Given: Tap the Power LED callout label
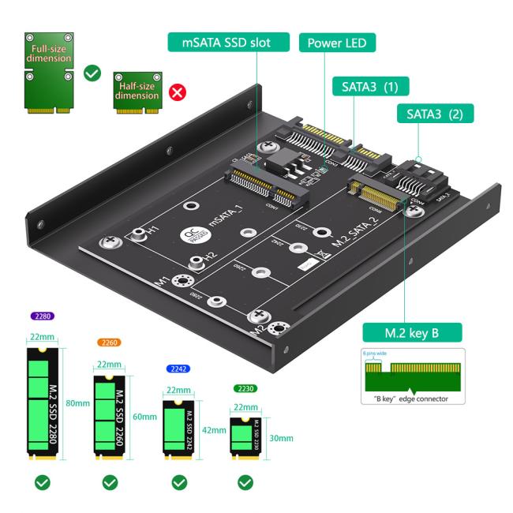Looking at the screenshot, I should [x=337, y=42].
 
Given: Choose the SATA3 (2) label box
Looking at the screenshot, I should [x=435, y=114].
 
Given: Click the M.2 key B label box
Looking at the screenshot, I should [x=411, y=332].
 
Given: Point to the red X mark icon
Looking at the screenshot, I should [x=178, y=93].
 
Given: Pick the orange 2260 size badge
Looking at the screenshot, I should [x=108, y=343].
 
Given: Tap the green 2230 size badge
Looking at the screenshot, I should [x=245, y=388].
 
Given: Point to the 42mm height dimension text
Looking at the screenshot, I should [x=215, y=431].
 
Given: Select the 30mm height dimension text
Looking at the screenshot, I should [x=281, y=438].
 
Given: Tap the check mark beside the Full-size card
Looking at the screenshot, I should [x=92, y=73].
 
